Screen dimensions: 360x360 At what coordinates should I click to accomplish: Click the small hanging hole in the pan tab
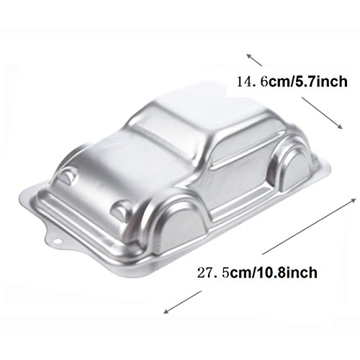pyautogui.click(x=58, y=240)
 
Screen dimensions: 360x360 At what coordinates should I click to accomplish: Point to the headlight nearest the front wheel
pyautogui.click(x=121, y=210)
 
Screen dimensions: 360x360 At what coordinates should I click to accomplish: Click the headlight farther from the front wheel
pyautogui.click(x=68, y=174)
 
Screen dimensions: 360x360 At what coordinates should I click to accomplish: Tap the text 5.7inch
pyautogui.click(x=321, y=81)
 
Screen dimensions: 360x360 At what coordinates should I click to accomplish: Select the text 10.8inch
pyautogui.click(x=287, y=272)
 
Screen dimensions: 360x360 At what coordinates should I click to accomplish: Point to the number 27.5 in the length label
pyautogui.click(x=213, y=272)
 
